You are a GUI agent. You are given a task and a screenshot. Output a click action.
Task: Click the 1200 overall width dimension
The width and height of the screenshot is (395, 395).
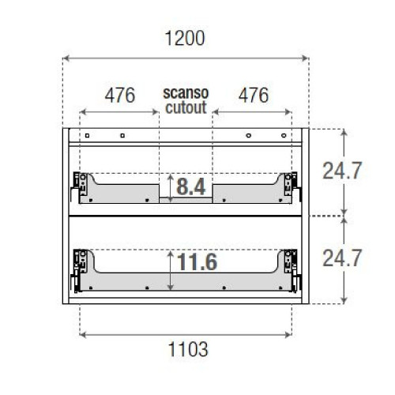pyautogui.click(x=186, y=38)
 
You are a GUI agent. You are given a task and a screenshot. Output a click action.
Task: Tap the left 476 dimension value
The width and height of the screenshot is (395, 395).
pyautogui.click(x=120, y=95)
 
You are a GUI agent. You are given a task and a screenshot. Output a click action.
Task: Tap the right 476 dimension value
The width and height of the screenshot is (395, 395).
pyautogui.click(x=253, y=95)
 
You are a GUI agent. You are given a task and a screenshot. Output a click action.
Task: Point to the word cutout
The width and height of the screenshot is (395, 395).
pyautogui.click(x=186, y=105)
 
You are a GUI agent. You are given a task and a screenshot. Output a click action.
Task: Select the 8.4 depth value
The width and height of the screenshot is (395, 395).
pyautogui.click(x=191, y=187)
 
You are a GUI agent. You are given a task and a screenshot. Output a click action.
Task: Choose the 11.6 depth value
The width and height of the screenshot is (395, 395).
pyautogui.click(x=197, y=261)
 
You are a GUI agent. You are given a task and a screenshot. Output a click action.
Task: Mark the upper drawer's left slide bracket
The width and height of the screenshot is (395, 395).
pyautogui.click(x=80, y=185)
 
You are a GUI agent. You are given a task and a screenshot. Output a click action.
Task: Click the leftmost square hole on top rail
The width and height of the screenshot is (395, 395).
pyautogui.click(x=88, y=135)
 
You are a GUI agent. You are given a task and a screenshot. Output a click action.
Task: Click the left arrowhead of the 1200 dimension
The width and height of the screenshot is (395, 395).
pyautogui.click(x=66, y=58)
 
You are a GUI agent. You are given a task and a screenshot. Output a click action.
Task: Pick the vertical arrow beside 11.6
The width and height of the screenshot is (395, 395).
pyautogui.click(x=169, y=269)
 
